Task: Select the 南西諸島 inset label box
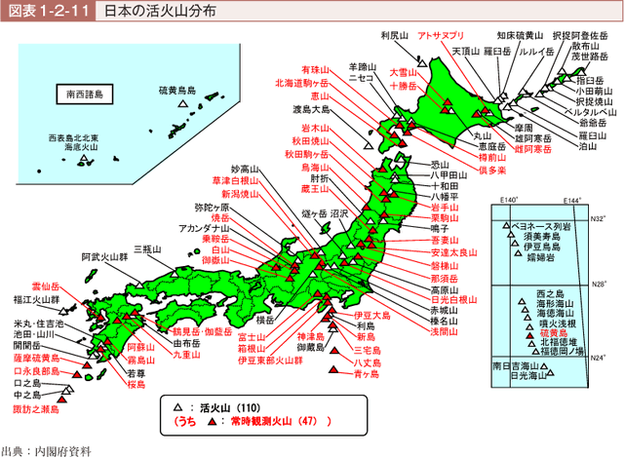88,95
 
